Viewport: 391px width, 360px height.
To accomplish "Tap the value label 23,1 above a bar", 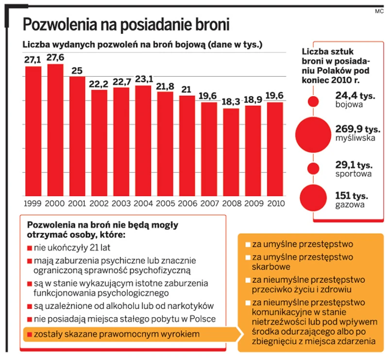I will click(x=143, y=79).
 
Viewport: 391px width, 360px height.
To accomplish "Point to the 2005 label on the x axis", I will click(x=165, y=203).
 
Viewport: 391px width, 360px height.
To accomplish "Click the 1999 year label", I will click(x=33, y=203).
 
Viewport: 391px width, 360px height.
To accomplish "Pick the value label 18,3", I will click(x=231, y=103).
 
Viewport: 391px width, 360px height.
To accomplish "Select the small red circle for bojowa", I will click(x=313, y=102).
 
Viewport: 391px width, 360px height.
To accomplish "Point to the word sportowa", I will click(x=354, y=173).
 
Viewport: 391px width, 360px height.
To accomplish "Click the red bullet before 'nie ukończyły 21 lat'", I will click(x=30, y=247).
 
